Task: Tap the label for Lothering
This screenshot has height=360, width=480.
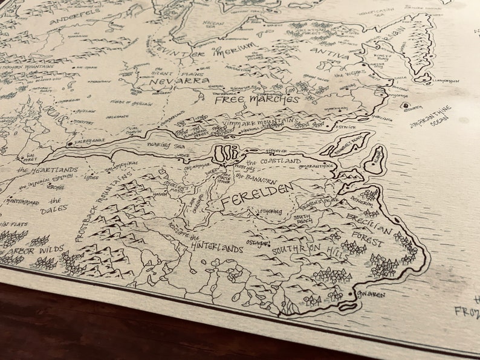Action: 269,211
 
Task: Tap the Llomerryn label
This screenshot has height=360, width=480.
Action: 446,81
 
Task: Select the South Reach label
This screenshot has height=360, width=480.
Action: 302,218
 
